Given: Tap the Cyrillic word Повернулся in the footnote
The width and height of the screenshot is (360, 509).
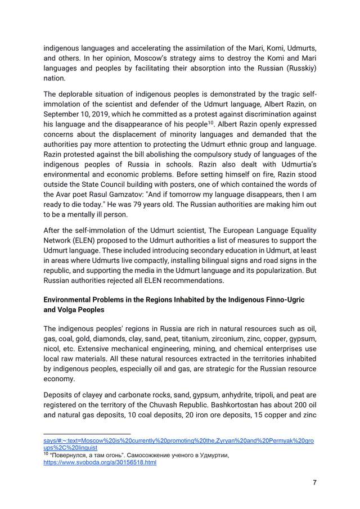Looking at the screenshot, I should tap(72, 454).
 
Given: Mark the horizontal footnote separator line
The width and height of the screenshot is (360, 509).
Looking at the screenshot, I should tap(87, 434).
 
